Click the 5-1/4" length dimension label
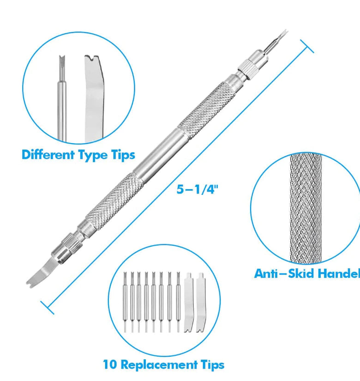(x=197, y=189)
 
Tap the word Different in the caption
(x=48, y=155)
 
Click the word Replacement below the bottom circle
(x=159, y=365)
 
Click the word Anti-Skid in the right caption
(x=284, y=273)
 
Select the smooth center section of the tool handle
(x=160, y=153)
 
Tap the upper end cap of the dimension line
(x=307, y=46)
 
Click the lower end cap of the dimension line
(x=48, y=308)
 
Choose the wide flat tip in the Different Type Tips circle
(x=94, y=98)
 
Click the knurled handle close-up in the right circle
(x=306, y=208)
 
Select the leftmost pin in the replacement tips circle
(x=125, y=302)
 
